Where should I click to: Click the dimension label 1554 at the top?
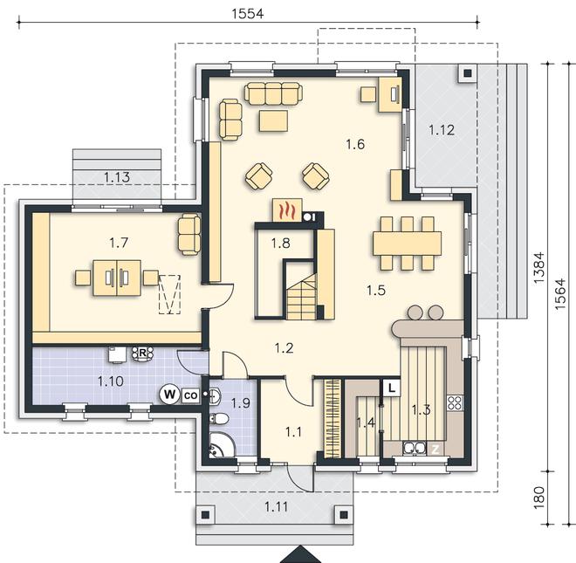point(248,14)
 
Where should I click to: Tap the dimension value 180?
point(538,498)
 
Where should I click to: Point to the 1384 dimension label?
point(538,268)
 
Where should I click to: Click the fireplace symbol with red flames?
point(287,210)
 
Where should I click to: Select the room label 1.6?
point(355,144)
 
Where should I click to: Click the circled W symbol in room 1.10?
point(169,395)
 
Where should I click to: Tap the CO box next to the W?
point(190,395)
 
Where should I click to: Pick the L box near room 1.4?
point(392,388)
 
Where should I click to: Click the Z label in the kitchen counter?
point(435,449)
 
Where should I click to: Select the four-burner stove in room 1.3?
point(455,402)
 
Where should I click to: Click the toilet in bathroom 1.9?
point(218,418)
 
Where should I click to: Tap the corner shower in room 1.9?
point(222,445)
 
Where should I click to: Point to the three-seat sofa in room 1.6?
point(273,93)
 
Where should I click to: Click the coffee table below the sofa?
point(273,121)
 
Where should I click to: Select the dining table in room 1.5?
point(407,244)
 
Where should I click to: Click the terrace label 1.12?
point(442,130)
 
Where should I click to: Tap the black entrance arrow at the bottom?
point(301,554)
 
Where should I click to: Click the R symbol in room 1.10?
point(142,354)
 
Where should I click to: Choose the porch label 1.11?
point(277,507)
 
